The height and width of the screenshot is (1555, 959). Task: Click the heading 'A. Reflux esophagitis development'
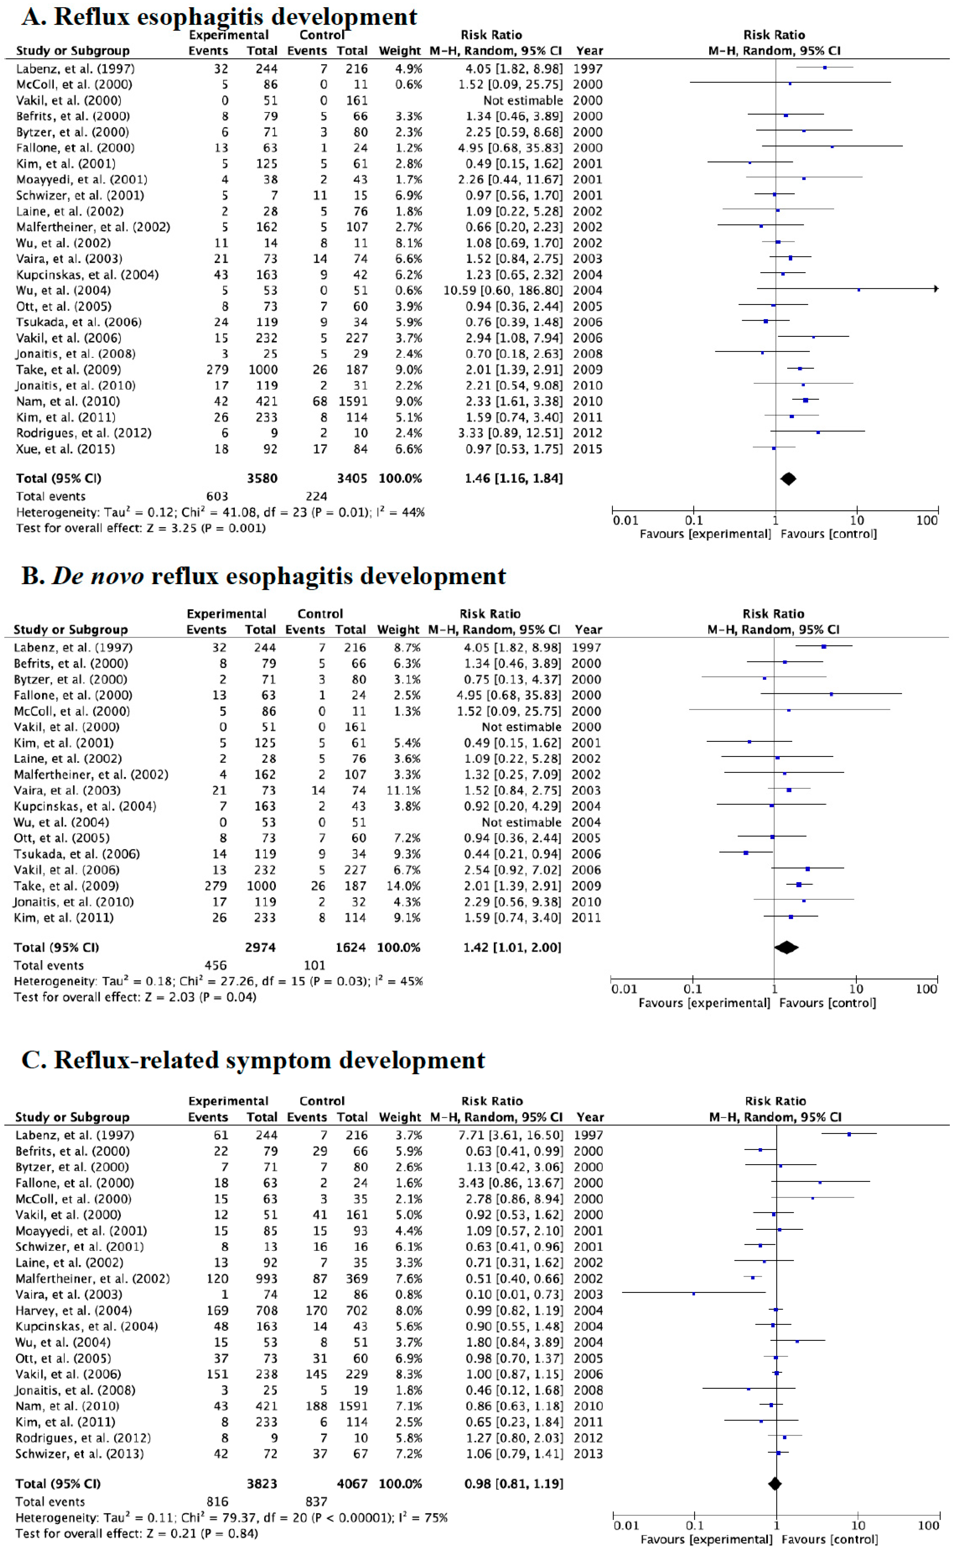[x=219, y=16]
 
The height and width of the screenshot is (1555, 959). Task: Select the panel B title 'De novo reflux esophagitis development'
[x=263, y=576]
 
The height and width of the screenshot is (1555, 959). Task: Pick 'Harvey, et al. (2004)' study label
[x=73, y=1310]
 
